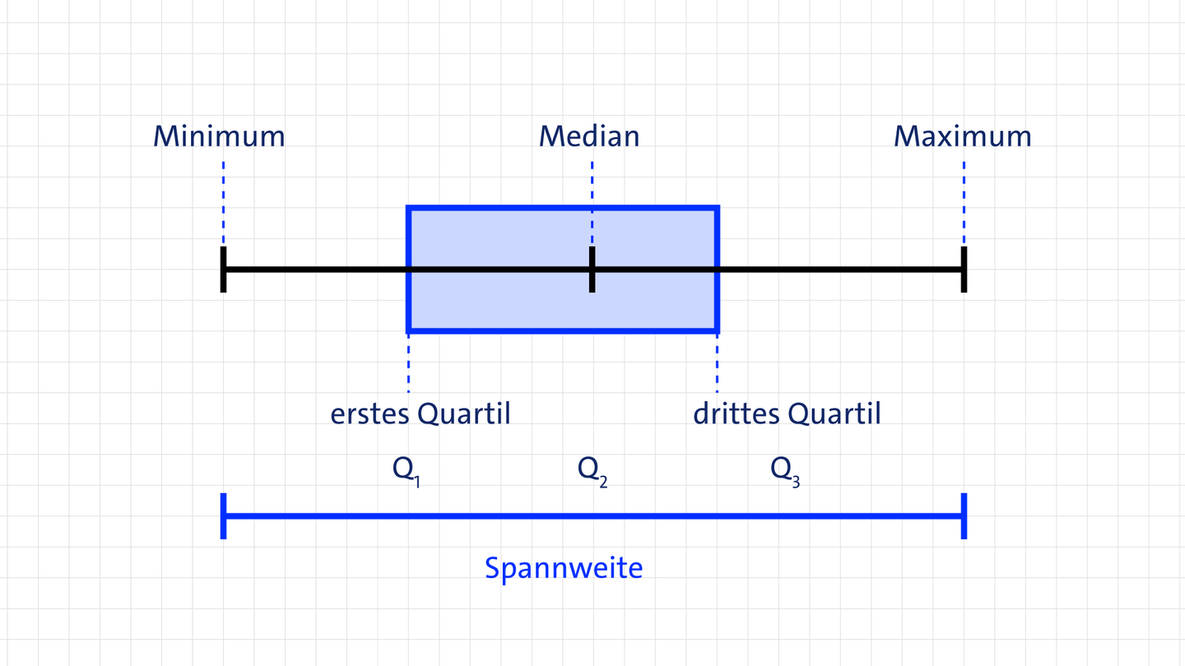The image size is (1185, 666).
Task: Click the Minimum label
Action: (x=219, y=136)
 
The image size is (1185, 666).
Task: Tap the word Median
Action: (x=589, y=136)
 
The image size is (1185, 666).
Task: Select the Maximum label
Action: (x=962, y=136)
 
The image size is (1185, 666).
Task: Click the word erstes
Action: (x=369, y=414)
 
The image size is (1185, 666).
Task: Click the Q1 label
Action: (x=406, y=470)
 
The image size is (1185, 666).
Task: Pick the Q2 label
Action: (x=592, y=470)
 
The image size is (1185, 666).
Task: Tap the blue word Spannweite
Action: (x=564, y=568)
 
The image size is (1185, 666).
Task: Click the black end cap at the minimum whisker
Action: (x=223, y=269)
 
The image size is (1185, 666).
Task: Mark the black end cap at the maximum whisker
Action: (x=964, y=269)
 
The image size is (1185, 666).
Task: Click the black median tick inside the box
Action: (x=592, y=269)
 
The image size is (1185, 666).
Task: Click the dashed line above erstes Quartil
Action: (x=408, y=363)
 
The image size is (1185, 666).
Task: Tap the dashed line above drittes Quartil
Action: (x=718, y=363)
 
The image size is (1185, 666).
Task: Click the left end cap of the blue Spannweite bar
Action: (x=223, y=516)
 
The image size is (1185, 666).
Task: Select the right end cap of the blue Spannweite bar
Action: (x=964, y=516)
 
